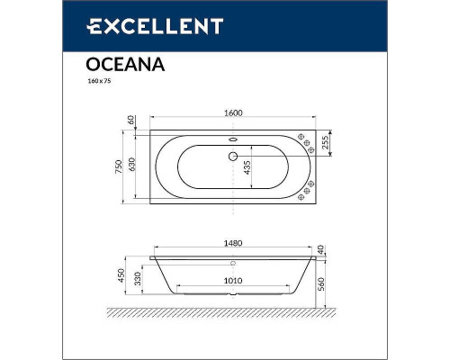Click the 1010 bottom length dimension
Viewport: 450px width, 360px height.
pos(232,280)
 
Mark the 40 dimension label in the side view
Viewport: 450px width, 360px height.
pos(325,247)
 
